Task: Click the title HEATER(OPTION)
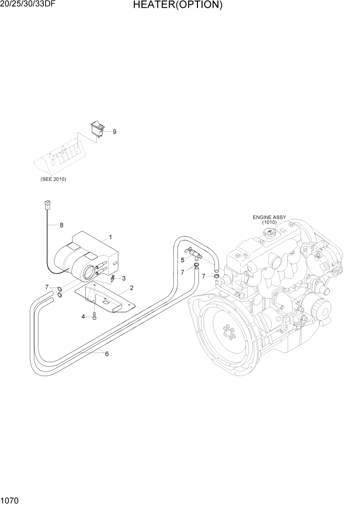178,6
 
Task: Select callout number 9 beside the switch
114,132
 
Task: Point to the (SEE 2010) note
53,179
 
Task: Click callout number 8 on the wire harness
62,225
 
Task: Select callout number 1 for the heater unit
109,238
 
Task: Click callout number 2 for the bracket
131,288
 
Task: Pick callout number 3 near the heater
123,278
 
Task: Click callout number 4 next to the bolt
83,317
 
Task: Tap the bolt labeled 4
95,316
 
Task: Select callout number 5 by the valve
182,260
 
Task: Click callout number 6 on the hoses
107,353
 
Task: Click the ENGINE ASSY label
269,217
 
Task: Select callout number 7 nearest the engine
204,276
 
